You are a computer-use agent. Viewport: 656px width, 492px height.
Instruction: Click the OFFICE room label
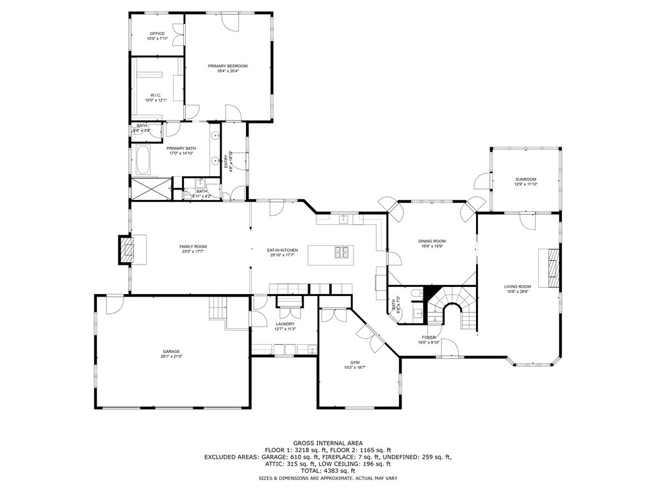coord(157,33)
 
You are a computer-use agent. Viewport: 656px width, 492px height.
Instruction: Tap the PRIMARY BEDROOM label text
coord(227,66)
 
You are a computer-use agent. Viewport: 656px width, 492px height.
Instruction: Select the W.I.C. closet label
coord(157,95)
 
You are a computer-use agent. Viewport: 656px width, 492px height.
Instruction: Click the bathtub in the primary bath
coord(143,160)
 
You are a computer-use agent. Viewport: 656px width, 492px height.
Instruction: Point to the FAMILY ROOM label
coord(193,247)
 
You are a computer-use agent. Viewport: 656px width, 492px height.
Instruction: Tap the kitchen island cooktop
coord(341,253)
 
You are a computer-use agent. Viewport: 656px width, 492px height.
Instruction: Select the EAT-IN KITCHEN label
coord(283,250)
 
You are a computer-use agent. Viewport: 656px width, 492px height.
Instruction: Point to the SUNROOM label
coord(525,179)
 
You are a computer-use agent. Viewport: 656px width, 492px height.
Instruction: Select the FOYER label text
coord(429,337)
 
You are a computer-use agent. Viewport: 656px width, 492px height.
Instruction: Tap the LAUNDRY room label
coord(285,324)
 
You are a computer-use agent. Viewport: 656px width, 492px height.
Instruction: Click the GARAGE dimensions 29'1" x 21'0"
coord(171,356)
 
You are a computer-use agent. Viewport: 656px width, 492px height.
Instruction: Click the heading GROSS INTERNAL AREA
coord(328,443)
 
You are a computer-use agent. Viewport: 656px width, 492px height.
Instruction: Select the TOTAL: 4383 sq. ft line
coord(328,471)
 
